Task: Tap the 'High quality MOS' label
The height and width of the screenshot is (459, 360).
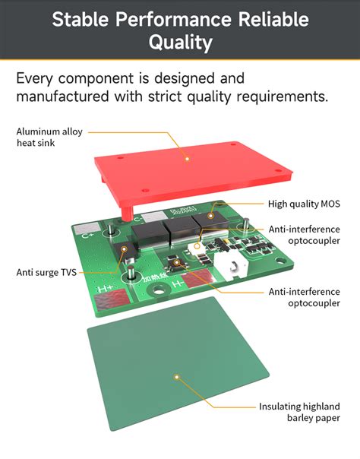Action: (304, 204)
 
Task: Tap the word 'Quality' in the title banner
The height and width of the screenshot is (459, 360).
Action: (180, 43)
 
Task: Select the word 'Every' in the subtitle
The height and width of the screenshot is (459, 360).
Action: (36, 78)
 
